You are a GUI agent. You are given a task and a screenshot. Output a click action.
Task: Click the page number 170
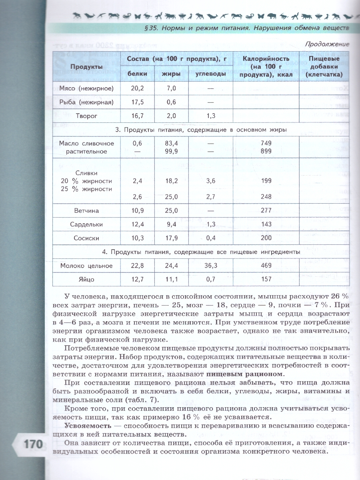(28, 444)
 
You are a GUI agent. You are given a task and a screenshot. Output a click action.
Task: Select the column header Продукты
(85, 66)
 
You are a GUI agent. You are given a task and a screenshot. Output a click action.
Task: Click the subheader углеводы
(211, 74)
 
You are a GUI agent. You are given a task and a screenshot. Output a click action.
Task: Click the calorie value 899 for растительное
(266, 151)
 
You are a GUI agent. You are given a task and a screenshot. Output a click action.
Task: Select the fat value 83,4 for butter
(171, 143)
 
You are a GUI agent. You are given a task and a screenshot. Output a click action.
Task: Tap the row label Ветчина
(86, 210)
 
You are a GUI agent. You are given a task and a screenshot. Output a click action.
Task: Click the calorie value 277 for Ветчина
(266, 210)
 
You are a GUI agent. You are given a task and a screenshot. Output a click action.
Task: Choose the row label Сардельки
(86, 224)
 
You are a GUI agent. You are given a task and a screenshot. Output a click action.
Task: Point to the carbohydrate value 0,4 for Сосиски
(211, 238)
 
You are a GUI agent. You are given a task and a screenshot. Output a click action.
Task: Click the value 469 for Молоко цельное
(266, 266)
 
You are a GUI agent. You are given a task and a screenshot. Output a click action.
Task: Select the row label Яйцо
(86, 279)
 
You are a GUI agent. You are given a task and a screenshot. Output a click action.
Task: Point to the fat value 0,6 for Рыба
(171, 102)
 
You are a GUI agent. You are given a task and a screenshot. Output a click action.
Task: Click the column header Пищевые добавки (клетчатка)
(324, 66)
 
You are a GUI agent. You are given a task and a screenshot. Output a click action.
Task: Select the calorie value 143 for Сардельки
(266, 224)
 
